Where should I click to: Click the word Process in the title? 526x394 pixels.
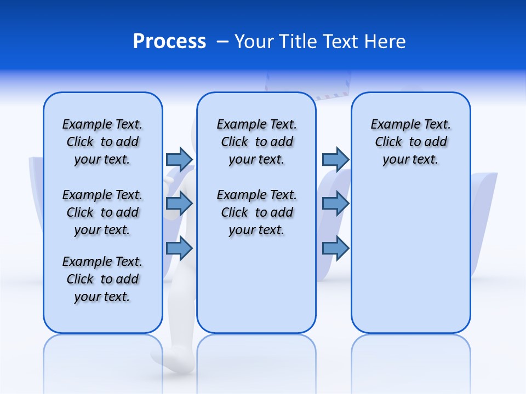pos(169,42)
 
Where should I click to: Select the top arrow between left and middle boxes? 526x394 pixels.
pos(179,159)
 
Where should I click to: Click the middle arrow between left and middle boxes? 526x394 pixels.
pos(179,204)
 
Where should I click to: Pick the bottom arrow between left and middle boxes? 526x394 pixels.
pos(179,248)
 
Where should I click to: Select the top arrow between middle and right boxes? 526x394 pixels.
pos(335,159)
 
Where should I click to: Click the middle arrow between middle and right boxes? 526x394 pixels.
pos(335,204)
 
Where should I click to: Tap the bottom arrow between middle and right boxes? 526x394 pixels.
pos(335,248)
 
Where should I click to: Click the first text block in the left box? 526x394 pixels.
pos(102,142)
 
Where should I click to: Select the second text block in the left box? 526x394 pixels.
pos(102,212)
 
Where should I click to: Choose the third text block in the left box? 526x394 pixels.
pos(102,279)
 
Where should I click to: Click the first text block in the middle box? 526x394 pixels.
pos(257,142)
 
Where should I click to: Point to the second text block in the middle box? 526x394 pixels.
pos(257,212)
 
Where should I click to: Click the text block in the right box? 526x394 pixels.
pos(411,142)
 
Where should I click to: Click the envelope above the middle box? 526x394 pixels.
pos(307,85)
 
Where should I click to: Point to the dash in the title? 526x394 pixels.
pos(222,42)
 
